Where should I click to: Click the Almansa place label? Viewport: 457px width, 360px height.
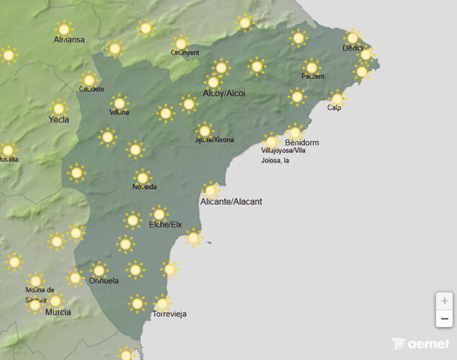coord(69,39)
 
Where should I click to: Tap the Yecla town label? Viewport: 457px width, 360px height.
coord(58,120)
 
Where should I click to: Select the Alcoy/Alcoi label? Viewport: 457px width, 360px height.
coord(223,94)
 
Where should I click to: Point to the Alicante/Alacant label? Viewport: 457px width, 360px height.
coord(231,201)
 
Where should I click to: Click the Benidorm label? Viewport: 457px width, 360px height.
coord(301,143)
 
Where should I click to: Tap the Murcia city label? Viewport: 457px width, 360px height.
coord(58,312)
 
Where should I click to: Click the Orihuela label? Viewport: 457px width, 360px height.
coord(103,281)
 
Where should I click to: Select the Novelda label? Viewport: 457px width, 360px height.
coord(144,187)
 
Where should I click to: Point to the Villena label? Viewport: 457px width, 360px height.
coord(120,113)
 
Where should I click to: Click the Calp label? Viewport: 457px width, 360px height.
coord(334,108)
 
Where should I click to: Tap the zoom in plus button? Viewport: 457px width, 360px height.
coord(444,301)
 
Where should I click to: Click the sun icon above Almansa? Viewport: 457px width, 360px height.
coord(64,29)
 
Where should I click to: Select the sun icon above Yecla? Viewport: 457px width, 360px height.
coord(58,109)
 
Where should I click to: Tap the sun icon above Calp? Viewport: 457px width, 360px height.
coord(337,98)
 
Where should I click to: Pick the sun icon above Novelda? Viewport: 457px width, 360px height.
coord(143,177)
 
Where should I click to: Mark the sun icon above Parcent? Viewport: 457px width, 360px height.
coord(311,67)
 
